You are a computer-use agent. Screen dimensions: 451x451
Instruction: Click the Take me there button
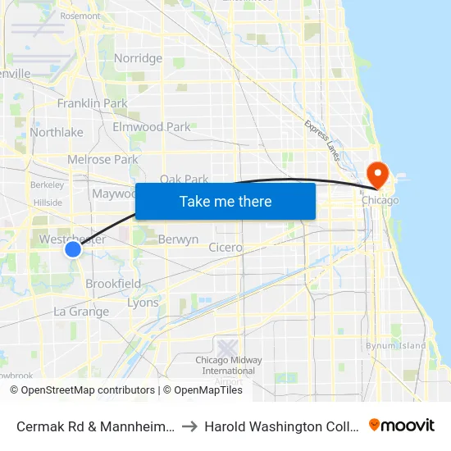[x=225, y=201]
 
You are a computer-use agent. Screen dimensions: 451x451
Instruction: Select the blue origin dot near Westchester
[x=73, y=248]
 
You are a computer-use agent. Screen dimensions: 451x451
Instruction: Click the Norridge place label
[x=138, y=58]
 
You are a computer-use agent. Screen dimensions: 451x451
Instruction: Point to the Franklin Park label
[x=92, y=103]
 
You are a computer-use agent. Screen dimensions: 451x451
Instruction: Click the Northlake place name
[x=57, y=132]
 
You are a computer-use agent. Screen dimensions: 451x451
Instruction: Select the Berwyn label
[x=178, y=239]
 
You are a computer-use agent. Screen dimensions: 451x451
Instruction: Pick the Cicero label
[x=225, y=247]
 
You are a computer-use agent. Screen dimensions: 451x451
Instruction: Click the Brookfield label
[x=113, y=284]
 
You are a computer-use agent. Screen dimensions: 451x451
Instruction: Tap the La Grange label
[x=81, y=312]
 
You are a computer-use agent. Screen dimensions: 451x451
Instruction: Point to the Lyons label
[x=143, y=303]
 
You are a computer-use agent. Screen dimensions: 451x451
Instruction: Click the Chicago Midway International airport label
[x=229, y=365]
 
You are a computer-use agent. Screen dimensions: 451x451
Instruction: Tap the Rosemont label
[x=80, y=16]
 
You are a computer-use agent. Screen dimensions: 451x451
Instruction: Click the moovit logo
[x=402, y=426]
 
